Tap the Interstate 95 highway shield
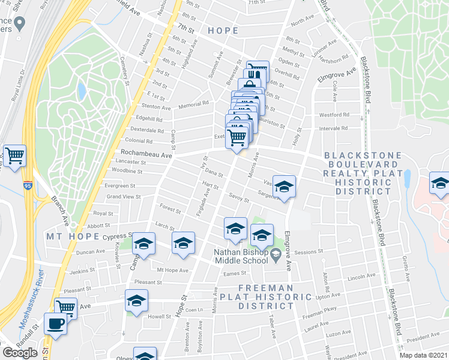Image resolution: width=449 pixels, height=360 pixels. (x=28, y=185)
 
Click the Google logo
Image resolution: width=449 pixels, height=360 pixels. (x=20, y=352)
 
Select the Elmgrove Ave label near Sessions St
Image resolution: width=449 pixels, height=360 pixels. (x=288, y=250)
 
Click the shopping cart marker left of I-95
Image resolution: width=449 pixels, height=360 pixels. (x=15, y=156)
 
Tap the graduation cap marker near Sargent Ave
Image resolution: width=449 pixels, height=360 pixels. (x=284, y=188)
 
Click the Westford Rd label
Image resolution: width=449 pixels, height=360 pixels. (x=334, y=114)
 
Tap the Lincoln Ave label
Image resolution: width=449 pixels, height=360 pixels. (x=360, y=278)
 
